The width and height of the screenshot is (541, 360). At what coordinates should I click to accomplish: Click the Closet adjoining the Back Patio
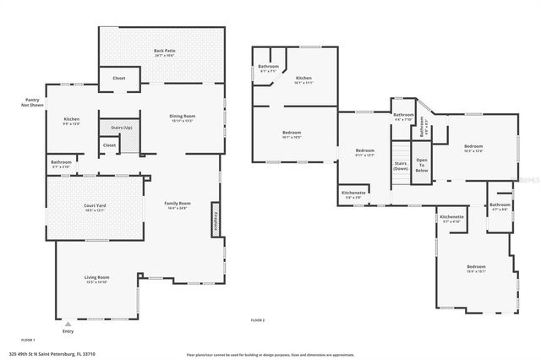pyautogui.click(x=119, y=79)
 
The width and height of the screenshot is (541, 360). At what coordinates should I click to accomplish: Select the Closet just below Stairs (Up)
pyautogui.click(x=110, y=145)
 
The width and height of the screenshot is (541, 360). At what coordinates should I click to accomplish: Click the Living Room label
pyautogui.click(x=96, y=279)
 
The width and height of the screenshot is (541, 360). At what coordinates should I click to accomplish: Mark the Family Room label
pyautogui.click(x=178, y=205)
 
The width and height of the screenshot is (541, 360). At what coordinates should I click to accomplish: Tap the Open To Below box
pyautogui.click(x=421, y=165)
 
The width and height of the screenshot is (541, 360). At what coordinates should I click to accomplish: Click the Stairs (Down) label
pyautogui.click(x=401, y=165)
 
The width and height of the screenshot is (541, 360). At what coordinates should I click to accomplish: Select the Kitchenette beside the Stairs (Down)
pyautogui.click(x=353, y=194)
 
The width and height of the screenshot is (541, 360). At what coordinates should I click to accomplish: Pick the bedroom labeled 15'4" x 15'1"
pyautogui.click(x=476, y=270)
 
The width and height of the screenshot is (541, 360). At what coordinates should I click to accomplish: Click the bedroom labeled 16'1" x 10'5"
pyautogui.click(x=291, y=134)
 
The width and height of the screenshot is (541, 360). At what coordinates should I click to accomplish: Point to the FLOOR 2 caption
pyautogui.click(x=258, y=320)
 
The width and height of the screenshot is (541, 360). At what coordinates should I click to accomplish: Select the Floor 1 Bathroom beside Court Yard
pyautogui.click(x=61, y=164)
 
